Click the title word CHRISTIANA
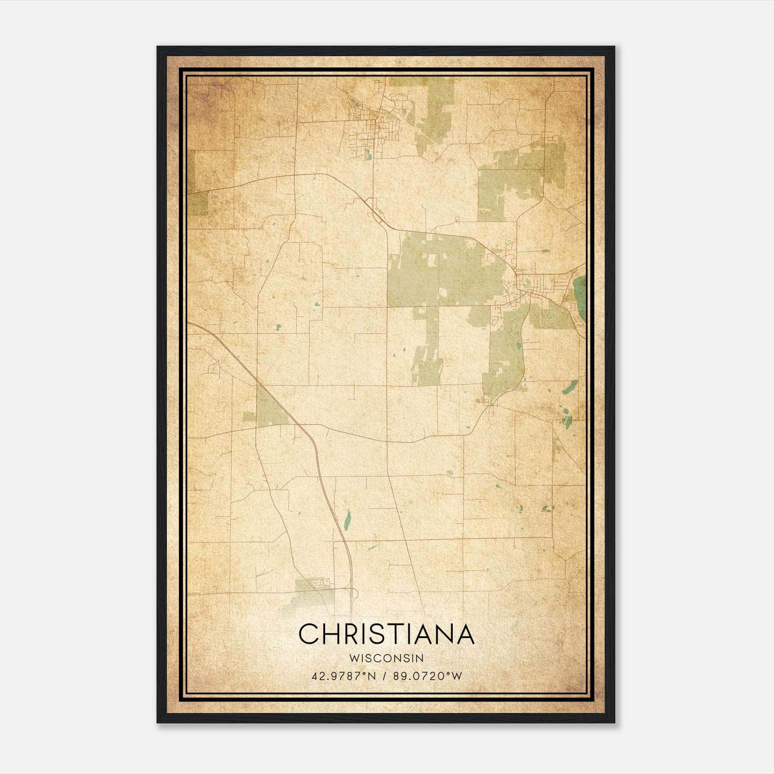[386, 634]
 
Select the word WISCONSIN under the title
[386, 658]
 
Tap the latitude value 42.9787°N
[344, 676]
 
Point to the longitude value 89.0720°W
[428, 676]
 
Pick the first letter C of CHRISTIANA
[309, 634]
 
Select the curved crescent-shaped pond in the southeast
[571, 387]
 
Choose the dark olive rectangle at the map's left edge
[197, 203]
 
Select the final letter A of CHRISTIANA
[464, 634]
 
